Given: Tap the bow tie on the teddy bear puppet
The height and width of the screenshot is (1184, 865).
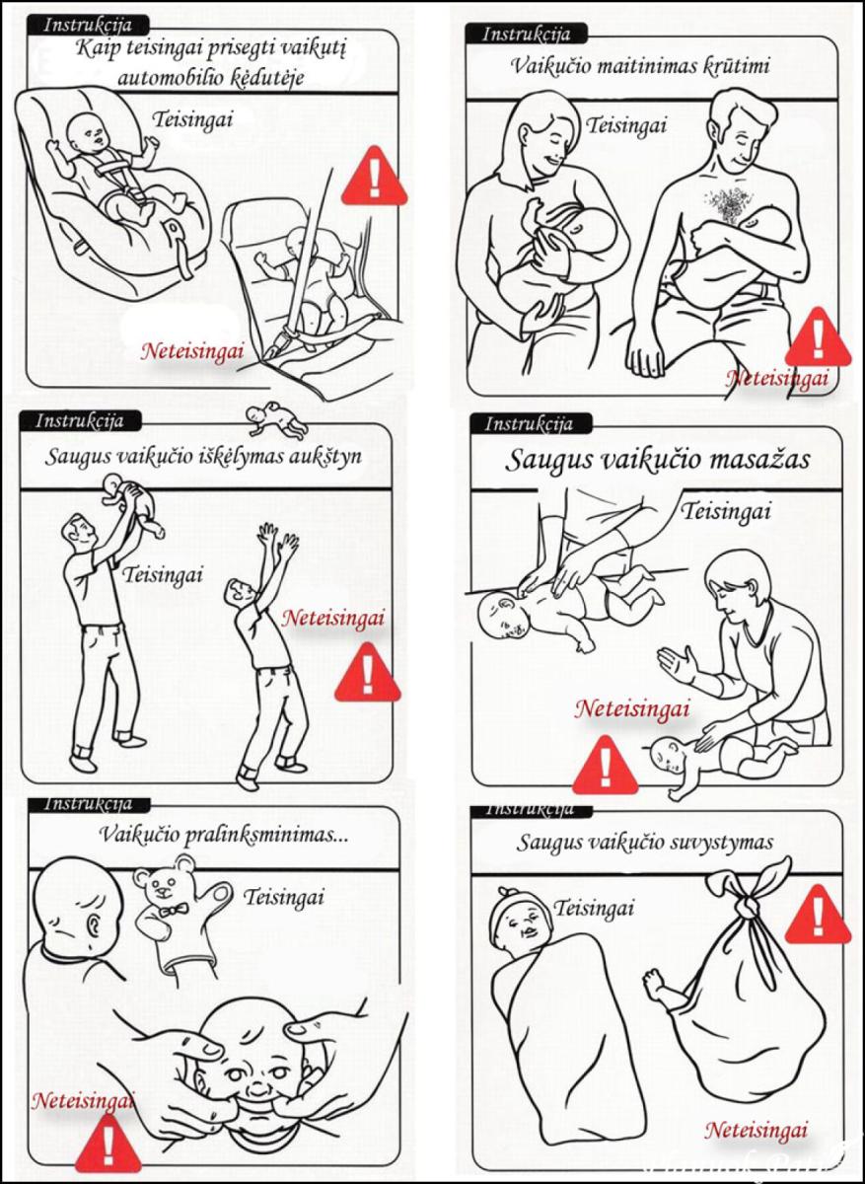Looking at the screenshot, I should tap(173, 909).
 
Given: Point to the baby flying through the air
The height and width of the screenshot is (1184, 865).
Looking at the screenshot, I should tap(277, 419).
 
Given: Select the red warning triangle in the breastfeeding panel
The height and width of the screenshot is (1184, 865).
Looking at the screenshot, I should tap(817, 338).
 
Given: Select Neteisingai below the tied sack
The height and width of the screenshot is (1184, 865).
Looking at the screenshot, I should tap(756, 1130).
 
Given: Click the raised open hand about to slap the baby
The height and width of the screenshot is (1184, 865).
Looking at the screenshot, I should tap(680, 667).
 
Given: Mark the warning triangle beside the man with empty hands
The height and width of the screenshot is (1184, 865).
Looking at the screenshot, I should tap(367, 674).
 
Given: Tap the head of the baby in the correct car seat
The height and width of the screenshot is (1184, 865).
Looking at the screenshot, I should tap(90, 127).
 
